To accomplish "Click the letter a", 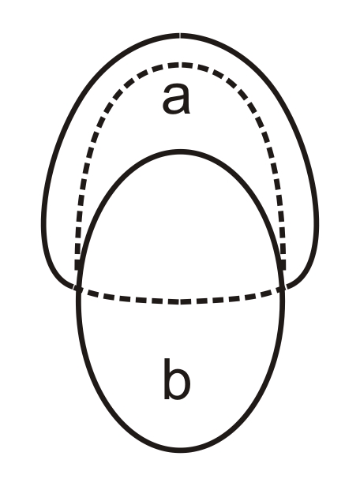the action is click(176, 99).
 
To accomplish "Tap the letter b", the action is click(176, 379).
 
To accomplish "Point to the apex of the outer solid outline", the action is click(180, 36).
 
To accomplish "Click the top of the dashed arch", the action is click(180, 65).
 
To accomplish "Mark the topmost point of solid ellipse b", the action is click(180, 151).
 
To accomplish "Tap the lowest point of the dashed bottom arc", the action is click(180, 301).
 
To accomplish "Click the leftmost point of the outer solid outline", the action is click(43, 223).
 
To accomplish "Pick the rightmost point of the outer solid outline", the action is click(317, 223).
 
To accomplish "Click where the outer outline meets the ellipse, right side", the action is click(283, 288).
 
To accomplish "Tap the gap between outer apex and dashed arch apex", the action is click(180, 50).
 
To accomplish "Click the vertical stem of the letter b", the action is click(167, 379).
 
